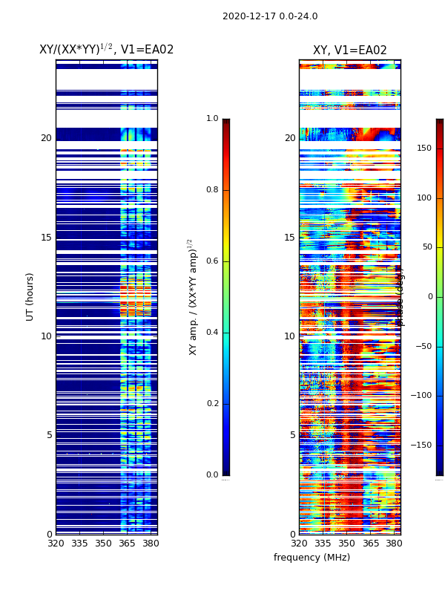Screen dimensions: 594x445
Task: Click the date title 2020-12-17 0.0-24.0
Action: pos(270,16)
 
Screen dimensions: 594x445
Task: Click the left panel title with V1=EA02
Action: pos(106,50)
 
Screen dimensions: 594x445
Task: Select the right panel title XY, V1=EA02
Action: pos(349,50)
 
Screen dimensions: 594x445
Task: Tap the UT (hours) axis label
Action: pos(30,296)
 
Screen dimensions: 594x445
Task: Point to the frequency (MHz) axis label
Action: pos(311,558)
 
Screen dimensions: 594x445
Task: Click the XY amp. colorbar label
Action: pos(193,297)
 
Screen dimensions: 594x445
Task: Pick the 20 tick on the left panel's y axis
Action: pos(46,138)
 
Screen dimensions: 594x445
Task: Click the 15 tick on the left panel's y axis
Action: pos(46,238)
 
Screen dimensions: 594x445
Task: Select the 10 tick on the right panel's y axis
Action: pos(289,336)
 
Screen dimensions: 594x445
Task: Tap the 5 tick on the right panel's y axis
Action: pos(292,435)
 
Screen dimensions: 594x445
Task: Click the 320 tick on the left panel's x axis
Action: pos(56,544)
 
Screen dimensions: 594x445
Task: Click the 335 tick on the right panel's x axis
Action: pos(323,544)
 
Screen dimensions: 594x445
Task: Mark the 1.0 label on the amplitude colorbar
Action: pos(212,119)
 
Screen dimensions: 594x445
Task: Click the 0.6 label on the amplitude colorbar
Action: pos(212,261)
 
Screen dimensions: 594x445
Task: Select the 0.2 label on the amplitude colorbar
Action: pos(212,404)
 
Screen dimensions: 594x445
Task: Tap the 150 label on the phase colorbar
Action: pos(424,148)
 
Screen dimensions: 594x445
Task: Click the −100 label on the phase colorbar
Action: pos(421,396)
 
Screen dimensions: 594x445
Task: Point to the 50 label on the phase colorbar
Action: pos(426,247)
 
